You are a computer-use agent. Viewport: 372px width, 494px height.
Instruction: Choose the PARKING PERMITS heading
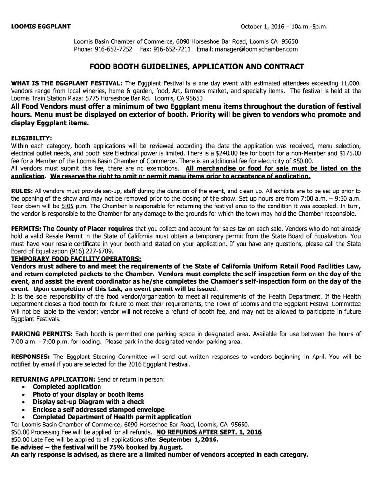pyautogui.click(x=42, y=334)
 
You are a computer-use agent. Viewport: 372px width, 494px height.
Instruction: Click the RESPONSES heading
pyautogui.click(x=31, y=357)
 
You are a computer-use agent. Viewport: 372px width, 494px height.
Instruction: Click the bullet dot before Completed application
pyautogui.click(x=24, y=387)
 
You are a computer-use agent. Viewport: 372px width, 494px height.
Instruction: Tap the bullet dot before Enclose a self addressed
pyautogui.click(x=24, y=410)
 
